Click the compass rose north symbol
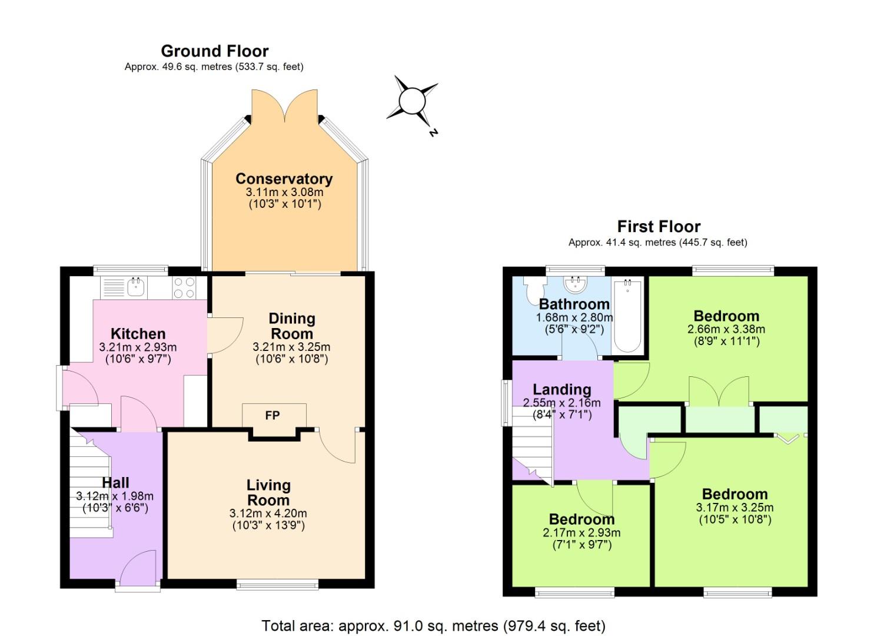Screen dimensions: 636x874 click(412, 102)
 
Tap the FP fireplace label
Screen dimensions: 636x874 click(272, 416)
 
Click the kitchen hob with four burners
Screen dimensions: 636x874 click(184, 287)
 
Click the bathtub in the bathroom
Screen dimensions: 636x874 click(627, 317)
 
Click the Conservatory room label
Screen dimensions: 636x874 click(284, 178)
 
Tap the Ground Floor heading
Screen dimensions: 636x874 click(214, 51)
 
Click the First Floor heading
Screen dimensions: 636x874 click(658, 227)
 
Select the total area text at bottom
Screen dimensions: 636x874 click(433, 625)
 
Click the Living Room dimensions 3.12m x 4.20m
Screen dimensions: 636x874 click(268, 514)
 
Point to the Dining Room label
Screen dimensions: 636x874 click(291, 326)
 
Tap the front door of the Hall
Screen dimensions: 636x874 click(138, 568)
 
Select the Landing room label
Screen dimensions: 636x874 click(561, 389)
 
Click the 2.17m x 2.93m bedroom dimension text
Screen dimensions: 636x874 click(581, 533)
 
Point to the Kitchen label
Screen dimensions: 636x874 click(138, 334)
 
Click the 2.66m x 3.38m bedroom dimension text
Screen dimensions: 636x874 click(726, 329)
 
